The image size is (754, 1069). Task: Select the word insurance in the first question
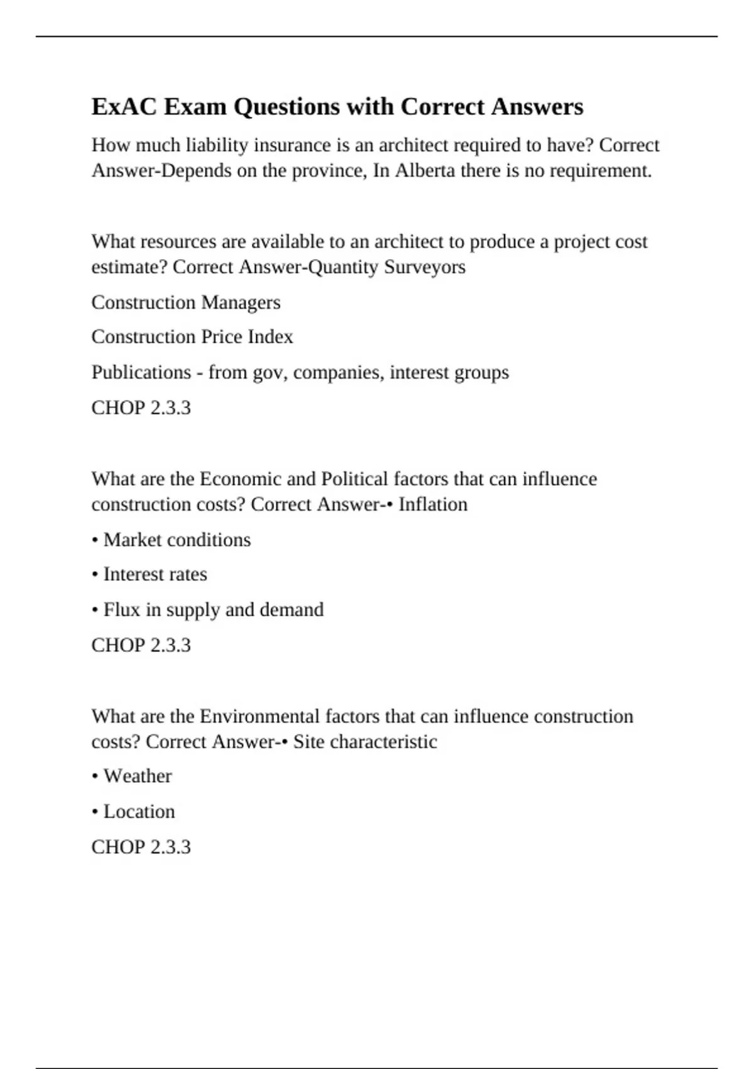tap(292, 145)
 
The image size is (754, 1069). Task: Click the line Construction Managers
tap(186, 302)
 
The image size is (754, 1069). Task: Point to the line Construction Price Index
tap(192, 337)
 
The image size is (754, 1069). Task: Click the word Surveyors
tap(425, 267)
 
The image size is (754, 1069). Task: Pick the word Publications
tap(141, 372)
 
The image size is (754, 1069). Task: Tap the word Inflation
tap(433, 504)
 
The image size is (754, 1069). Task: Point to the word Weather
tap(137, 776)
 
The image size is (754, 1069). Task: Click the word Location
tap(139, 812)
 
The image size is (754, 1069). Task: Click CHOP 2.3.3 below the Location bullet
tap(141, 847)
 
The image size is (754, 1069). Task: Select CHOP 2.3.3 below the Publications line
tap(141, 408)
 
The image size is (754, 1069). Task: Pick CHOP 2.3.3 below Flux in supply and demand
tap(141, 645)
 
